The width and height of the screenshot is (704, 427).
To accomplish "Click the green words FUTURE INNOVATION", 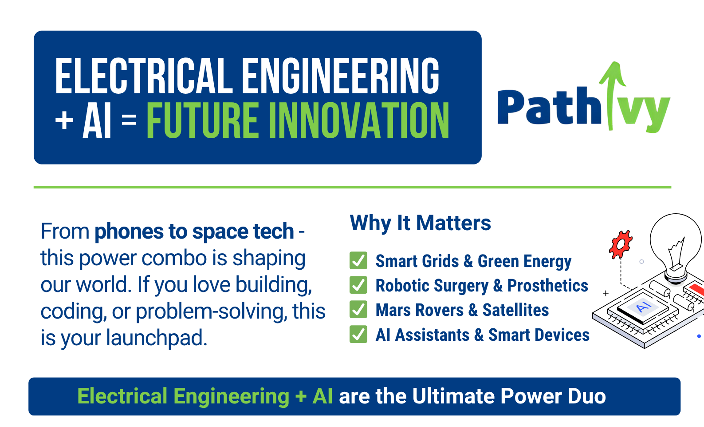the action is tap(298, 120).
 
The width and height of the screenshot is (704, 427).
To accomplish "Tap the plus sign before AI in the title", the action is tap(64, 120).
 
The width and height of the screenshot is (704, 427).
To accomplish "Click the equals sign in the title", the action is tap(129, 120).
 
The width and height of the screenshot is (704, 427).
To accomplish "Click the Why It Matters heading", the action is tap(420, 223).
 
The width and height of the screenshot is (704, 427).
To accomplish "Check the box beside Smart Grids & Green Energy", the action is tap(358, 260).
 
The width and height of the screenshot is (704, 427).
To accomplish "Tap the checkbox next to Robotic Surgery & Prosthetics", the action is tap(358, 285).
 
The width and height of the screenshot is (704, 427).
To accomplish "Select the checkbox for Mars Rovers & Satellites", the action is tap(358, 309).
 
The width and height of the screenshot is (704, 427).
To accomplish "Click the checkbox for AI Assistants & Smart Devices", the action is tap(358, 334).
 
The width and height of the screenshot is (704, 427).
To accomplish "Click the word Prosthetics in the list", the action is tap(547, 285).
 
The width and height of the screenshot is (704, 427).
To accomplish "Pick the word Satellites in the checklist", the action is tap(515, 310).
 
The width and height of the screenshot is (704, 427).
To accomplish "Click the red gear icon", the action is tap(621, 244).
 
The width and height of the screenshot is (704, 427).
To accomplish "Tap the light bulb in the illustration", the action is tap(675, 249).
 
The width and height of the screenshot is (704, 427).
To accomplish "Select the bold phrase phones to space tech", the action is tap(194, 231).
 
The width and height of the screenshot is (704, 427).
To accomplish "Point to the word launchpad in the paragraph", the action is tap(157, 338).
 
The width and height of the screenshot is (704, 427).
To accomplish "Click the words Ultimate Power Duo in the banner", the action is tap(509, 396).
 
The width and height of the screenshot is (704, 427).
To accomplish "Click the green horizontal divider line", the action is tap(352, 187).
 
